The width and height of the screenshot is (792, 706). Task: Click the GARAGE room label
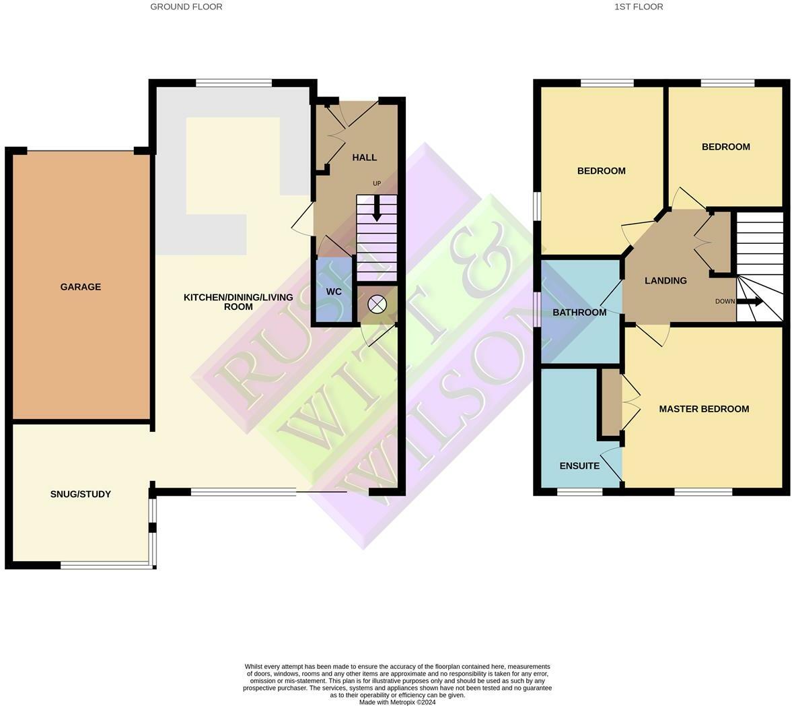coord(81,287)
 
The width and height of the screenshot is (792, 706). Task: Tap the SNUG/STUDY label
coord(81,494)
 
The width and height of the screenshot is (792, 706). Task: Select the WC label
coord(334,292)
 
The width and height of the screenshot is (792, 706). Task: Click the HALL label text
coord(365,158)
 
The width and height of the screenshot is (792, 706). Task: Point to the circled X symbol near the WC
coord(377,304)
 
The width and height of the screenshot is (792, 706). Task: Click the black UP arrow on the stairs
coord(377,209)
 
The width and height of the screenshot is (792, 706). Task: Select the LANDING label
coord(665,281)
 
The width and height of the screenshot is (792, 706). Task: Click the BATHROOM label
coord(579,313)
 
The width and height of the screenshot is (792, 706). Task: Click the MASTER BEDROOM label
coord(704,409)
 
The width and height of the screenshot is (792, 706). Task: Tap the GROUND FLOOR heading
coord(186,7)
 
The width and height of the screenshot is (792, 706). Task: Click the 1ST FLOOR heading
coord(639,7)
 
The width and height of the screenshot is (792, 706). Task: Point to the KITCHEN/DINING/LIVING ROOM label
coord(238,302)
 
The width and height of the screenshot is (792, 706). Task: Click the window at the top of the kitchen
coord(233,83)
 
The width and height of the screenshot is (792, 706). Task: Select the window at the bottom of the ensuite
coord(579,492)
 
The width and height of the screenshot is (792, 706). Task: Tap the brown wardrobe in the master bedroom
coord(611,402)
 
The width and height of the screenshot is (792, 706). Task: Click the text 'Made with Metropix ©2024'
coord(397,702)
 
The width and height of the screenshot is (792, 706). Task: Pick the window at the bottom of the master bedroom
coord(703,492)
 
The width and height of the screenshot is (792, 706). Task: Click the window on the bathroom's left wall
coord(538,309)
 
